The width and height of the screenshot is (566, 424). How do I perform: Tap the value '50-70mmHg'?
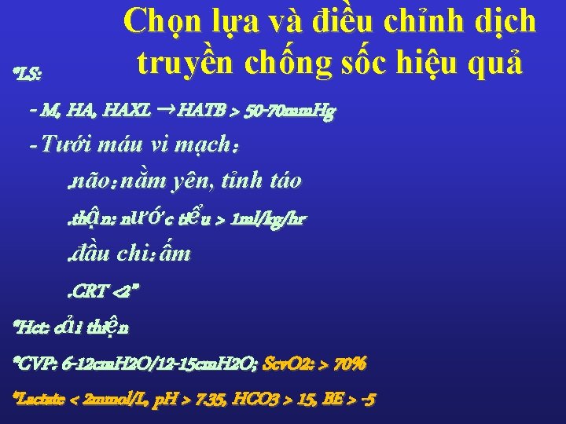(x=290, y=111)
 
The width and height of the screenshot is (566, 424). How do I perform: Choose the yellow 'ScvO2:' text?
(x=289, y=364)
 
